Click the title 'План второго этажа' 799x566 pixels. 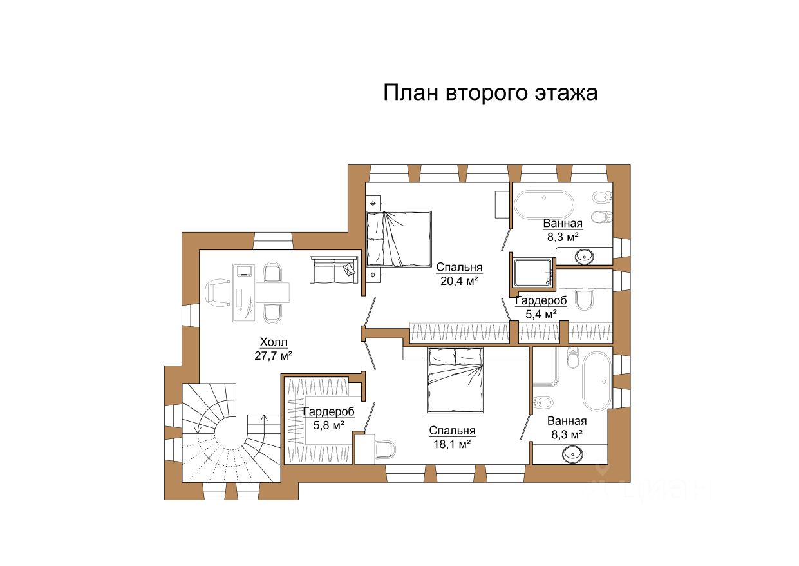point(490,93)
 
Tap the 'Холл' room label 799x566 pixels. point(274,342)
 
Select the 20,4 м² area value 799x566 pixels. point(459,281)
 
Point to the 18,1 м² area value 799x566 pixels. point(452,444)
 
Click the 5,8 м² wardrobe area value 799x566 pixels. point(328,425)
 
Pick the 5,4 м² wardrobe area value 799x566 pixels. point(541,314)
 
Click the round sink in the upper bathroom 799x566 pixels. point(585,256)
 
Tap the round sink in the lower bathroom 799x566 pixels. point(572,454)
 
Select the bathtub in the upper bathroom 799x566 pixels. point(544,204)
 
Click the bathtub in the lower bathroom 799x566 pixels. point(597,382)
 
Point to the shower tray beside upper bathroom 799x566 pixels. point(533,273)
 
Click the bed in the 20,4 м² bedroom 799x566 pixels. point(399,239)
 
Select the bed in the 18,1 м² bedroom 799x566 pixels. point(455,380)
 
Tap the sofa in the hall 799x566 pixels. point(334,269)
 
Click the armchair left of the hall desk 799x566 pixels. point(218,293)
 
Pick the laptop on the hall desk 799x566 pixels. point(245,270)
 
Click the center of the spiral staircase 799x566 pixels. point(230,434)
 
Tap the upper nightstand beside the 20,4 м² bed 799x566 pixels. point(373,204)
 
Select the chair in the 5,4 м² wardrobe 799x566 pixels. point(584,299)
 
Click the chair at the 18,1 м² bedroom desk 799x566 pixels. point(386,449)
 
